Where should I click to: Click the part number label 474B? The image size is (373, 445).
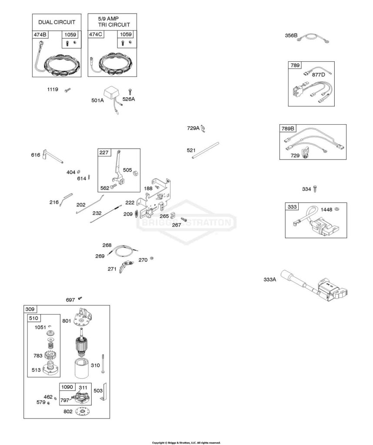click(40, 35)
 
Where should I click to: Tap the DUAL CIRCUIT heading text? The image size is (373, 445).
click(57, 22)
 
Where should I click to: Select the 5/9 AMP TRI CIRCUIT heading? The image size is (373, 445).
click(113, 22)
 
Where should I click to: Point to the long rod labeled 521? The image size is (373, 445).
click(205, 150)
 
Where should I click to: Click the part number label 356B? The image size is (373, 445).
click(291, 36)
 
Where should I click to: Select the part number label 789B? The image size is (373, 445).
click(287, 129)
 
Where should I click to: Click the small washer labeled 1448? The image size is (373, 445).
click(337, 209)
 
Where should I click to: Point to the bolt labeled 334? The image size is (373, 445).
click(315, 189)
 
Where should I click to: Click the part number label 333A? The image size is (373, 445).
click(270, 279)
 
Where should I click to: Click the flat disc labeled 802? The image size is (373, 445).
click(83, 412)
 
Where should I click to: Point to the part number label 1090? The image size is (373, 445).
click(67, 387)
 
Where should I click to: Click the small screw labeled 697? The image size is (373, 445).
click(80, 298)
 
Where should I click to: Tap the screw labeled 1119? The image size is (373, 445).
click(67, 90)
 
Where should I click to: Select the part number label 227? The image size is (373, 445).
click(103, 153)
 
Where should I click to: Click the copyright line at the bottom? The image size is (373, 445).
click(186, 443)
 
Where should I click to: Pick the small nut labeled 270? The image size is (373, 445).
click(152, 259)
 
